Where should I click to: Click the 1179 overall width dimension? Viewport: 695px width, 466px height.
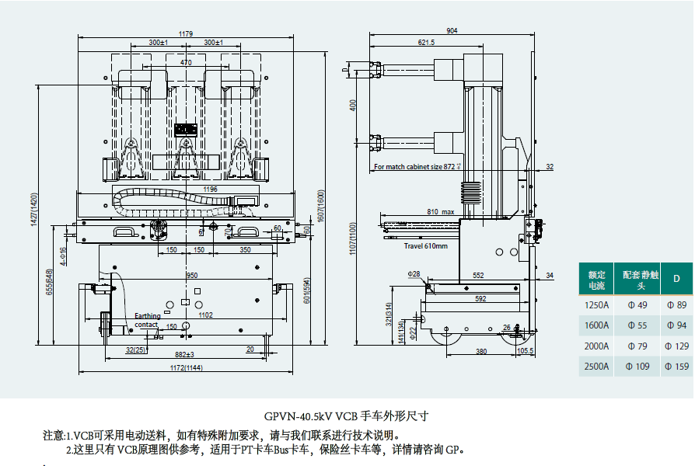click(x=186, y=33)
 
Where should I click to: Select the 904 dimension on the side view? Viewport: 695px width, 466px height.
click(x=452, y=30)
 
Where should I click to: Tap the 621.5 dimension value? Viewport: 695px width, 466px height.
click(x=426, y=43)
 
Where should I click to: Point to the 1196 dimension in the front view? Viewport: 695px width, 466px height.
click(x=187, y=189)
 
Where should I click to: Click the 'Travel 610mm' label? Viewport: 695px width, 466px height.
click(x=425, y=246)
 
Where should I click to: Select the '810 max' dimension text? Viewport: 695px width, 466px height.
click(x=440, y=211)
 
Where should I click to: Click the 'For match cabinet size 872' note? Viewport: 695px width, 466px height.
click(x=417, y=167)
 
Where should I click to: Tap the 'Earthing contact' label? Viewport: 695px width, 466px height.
click(x=147, y=320)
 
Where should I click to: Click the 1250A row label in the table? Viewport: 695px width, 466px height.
click(x=596, y=305)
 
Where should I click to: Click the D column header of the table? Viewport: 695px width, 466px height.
click(x=676, y=278)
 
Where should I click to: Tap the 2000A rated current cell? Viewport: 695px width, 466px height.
click(x=596, y=346)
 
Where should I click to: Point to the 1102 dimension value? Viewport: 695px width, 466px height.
click(x=205, y=315)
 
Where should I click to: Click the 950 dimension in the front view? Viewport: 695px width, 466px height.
click(x=191, y=275)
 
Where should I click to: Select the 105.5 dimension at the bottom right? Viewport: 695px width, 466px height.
click(x=526, y=351)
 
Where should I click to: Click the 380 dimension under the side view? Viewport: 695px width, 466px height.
click(x=481, y=351)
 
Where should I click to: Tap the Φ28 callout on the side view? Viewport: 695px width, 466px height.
click(x=414, y=274)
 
